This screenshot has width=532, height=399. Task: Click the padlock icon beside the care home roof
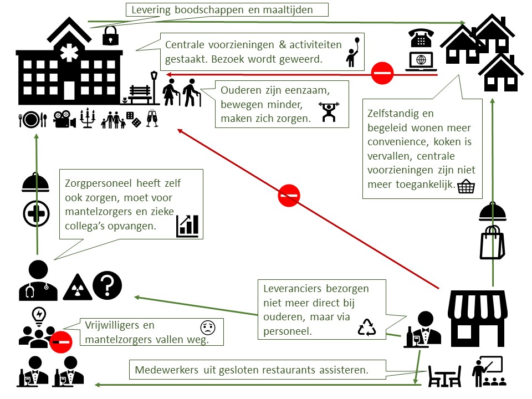click(110, 35)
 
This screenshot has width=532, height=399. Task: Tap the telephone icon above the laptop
click(421, 38)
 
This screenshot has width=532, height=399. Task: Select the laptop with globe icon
click(421, 62)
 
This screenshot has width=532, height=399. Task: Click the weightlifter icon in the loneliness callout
click(329, 112)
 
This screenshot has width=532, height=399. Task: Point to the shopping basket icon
click(466, 187)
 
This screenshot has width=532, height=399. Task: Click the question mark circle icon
click(107, 285)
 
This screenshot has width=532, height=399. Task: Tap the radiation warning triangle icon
click(78, 287)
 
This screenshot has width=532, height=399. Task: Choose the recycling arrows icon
click(367, 327)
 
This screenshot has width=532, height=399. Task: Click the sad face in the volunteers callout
click(208, 328)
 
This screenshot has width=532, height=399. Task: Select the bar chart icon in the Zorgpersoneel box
click(187, 226)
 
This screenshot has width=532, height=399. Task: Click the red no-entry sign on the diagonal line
click(289, 196)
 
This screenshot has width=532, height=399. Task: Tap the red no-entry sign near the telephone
click(382, 73)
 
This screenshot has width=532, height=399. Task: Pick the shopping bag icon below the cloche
click(492, 243)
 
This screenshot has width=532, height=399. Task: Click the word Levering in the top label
click(151, 10)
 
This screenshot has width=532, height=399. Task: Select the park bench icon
click(140, 95)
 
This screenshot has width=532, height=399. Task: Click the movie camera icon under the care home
click(64, 119)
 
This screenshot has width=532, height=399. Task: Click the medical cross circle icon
click(37, 214)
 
